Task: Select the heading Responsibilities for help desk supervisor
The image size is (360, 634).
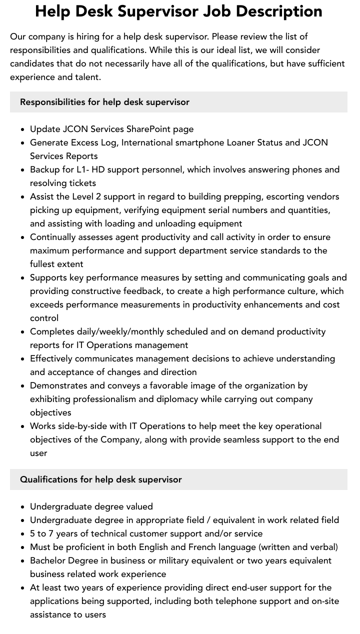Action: (104, 102)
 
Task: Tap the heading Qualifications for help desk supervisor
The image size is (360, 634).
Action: (101, 479)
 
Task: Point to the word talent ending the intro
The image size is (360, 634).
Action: (88, 77)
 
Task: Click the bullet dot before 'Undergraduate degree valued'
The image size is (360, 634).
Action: (23, 507)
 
